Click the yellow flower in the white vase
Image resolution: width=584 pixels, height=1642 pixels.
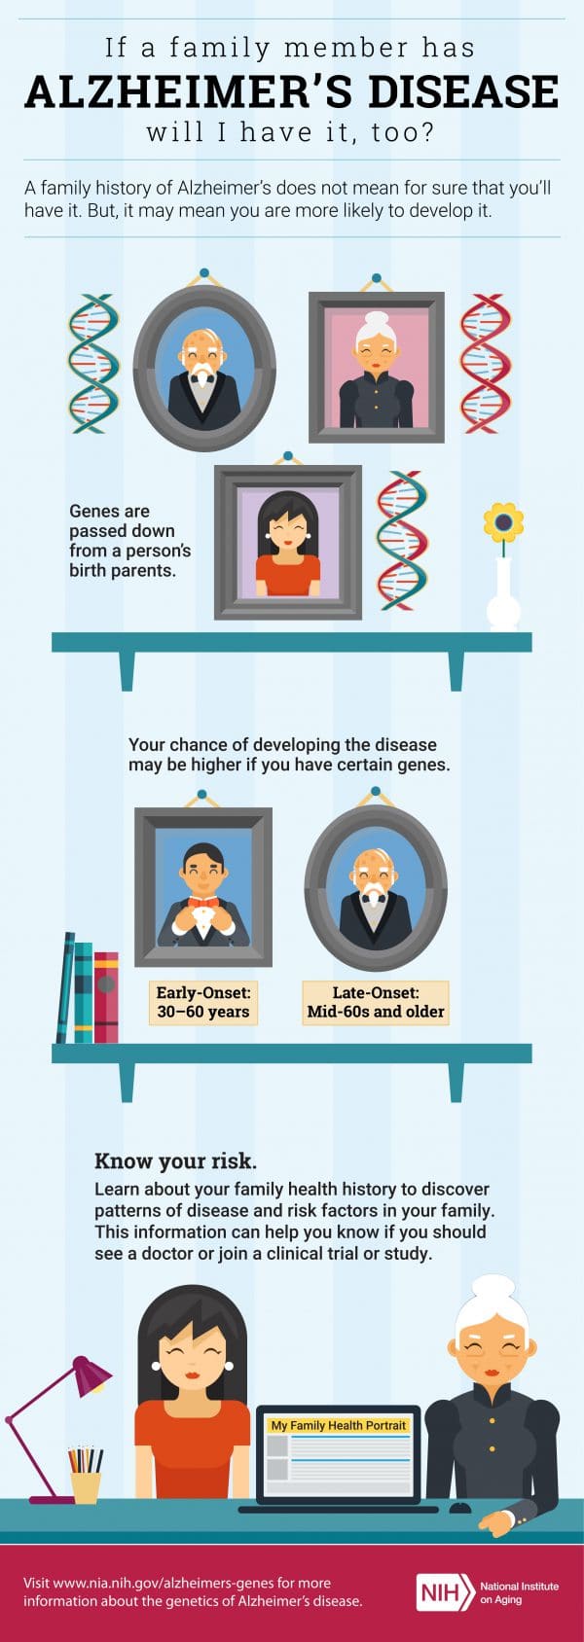pyautogui.click(x=503, y=522)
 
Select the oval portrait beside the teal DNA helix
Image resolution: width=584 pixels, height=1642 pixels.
pyautogui.click(x=204, y=368)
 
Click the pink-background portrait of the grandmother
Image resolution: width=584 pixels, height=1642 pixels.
pyautogui.click(x=377, y=367)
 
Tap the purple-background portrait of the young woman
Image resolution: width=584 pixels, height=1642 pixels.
pyautogui.click(x=287, y=543)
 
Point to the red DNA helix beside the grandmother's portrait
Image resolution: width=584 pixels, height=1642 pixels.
pyautogui.click(x=485, y=363)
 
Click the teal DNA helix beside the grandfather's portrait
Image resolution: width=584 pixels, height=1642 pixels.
pyautogui.click(x=93, y=363)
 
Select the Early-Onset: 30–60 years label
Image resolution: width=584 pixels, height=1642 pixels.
pyautogui.click(x=203, y=1002)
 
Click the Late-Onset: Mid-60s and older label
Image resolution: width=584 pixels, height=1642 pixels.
pyautogui.click(x=376, y=1002)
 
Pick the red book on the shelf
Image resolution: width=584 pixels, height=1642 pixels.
pyautogui.click(x=106, y=997)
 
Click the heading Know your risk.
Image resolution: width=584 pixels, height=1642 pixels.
pyautogui.click(x=175, y=1161)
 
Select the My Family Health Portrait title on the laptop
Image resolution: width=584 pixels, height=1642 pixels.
pyautogui.click(x=338, y=1425)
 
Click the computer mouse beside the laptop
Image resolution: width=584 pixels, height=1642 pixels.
pyautogui.click(x=459, y=1507)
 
